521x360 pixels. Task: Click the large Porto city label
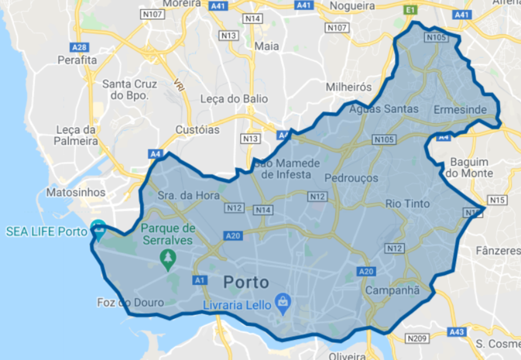coord(246,282)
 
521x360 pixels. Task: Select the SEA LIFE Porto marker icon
coord(98,231)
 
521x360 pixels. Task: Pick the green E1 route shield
coord(411,10)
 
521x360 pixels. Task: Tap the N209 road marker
coord(417,338)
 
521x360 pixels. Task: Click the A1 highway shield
coord(200,280)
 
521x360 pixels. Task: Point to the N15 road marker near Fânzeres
coord(497,200)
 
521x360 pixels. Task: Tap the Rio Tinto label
coord(408,204)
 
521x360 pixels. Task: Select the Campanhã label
coord(392,291)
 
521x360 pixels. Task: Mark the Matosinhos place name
coord(76,192)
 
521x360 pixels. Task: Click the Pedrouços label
coord(351,178)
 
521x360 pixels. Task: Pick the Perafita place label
coord(77,60)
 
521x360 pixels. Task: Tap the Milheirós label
coord(348,86)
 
